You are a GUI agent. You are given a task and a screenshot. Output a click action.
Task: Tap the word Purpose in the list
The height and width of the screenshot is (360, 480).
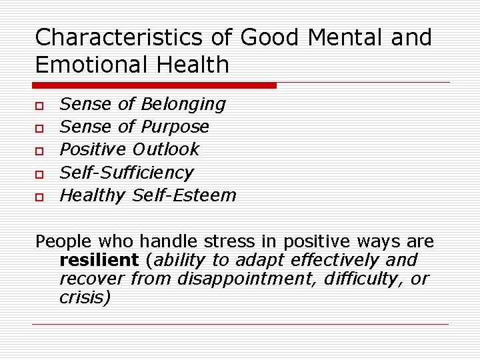coord(175,127)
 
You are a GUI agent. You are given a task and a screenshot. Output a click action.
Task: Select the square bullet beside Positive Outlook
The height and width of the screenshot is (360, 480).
coord(40,151)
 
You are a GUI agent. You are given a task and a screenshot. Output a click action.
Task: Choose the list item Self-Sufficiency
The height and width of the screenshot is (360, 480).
coord(127,173)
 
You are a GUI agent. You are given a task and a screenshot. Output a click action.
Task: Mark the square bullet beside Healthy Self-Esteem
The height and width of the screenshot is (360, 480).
coord(40,197)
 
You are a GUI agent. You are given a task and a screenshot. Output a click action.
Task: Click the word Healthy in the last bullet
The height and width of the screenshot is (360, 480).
coord(92,195)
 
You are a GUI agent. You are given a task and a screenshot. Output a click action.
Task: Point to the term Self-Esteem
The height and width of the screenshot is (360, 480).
coord(184,195)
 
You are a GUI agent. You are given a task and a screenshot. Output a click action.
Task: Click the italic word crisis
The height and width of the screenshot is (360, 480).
coord(85,297)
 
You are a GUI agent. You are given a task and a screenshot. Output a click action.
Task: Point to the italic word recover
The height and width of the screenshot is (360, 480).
coord(92,278)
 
